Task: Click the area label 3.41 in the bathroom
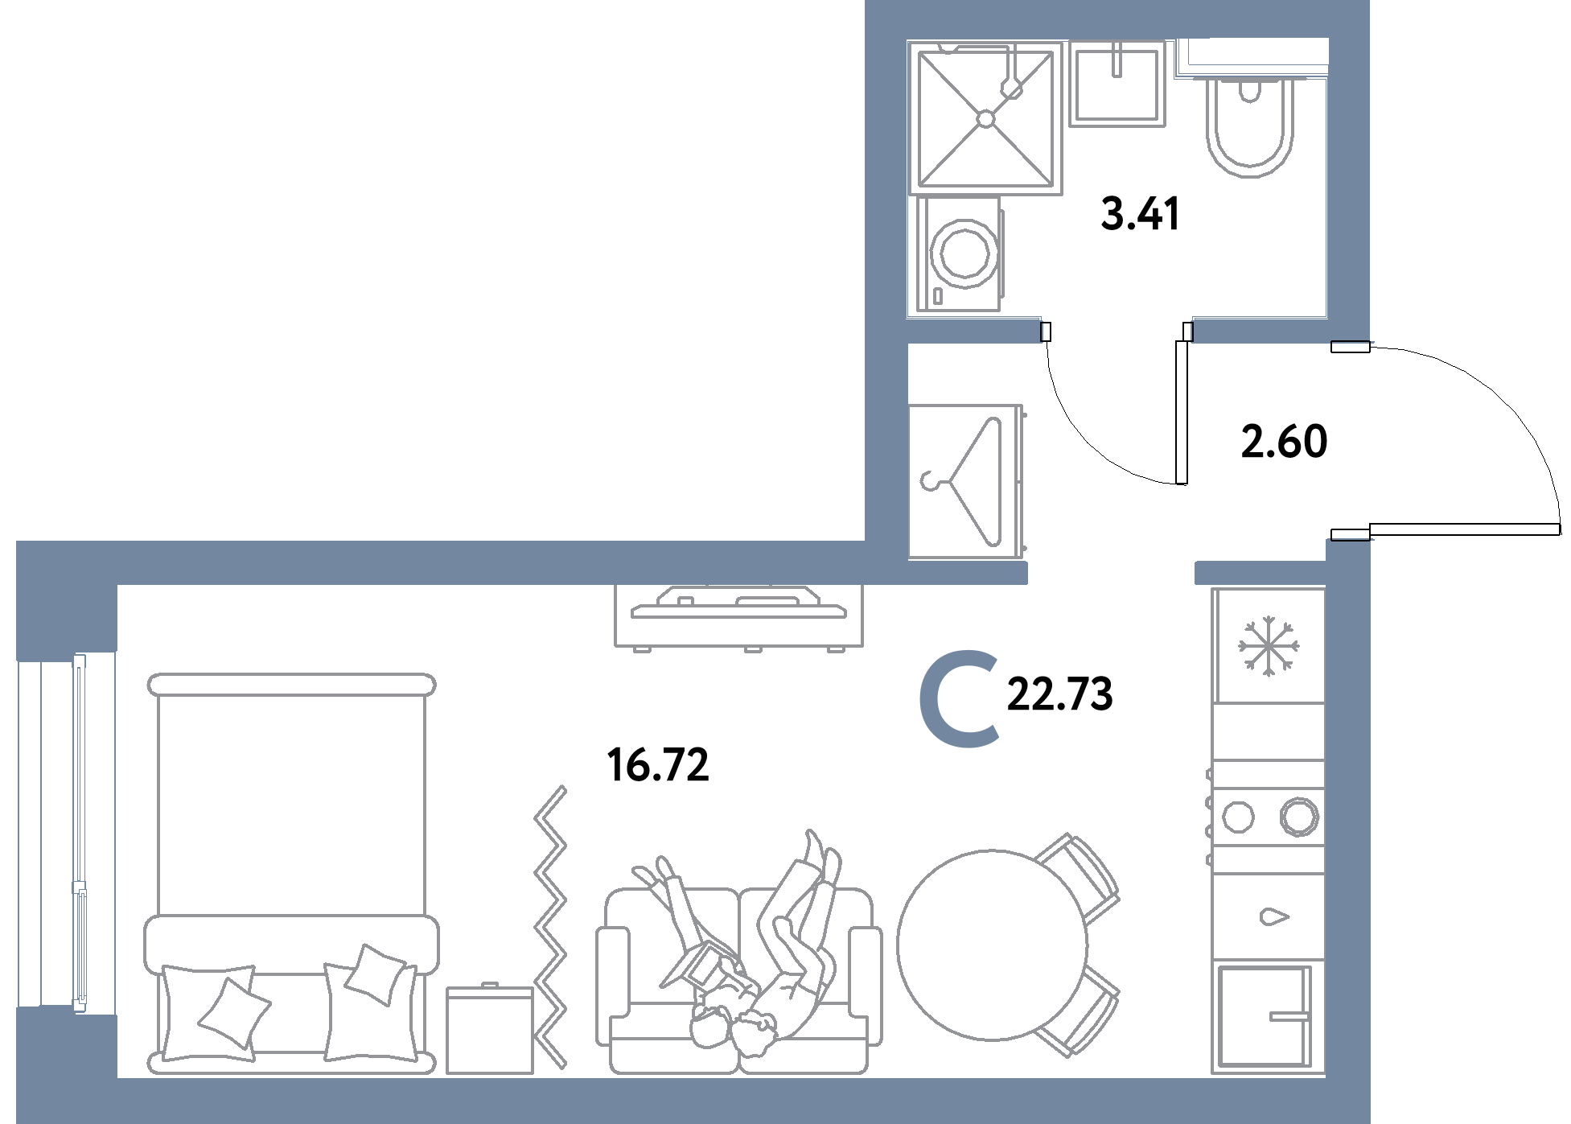[x=1140, y=214]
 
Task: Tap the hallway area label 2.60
[x=1284, y=442]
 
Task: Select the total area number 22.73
[x=1059, y=694]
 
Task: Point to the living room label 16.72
[x=658, y=765]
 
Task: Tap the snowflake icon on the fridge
[x=1269, y=646]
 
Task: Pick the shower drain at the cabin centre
[x=986, y=119]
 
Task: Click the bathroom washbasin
[x=1117, y=83]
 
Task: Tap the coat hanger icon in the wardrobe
[x=961, y=481]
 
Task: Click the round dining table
[x=992, y=944]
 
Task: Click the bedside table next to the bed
[x=490, y=1029]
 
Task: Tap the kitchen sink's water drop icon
[x=1274, y=916]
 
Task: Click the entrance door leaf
[x=1464, y=529]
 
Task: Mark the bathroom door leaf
[x=1182, y=413]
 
